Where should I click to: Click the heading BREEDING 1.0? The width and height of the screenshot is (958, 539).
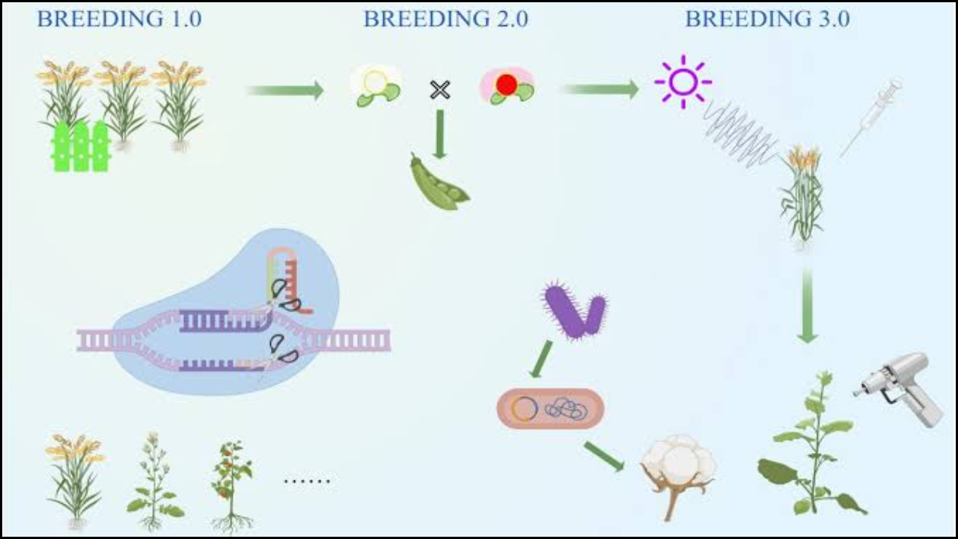(119, 19)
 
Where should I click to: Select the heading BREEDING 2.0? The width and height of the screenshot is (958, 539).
(445, 19)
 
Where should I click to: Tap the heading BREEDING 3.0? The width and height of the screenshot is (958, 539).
(767, 19)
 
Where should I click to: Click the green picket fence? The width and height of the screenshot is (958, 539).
(80, 146)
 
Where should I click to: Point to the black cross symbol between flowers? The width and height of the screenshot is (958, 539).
(440, 90)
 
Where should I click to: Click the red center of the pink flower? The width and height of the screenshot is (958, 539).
(507, 85)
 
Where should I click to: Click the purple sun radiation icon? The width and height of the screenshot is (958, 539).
(683, 82)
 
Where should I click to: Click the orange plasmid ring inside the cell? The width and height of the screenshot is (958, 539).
(525, 408)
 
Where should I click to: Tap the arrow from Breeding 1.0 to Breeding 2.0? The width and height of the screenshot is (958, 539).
(285, 91)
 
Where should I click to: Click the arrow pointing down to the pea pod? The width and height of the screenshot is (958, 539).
(439, 135)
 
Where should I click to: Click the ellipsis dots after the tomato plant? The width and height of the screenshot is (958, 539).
(307, 481)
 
